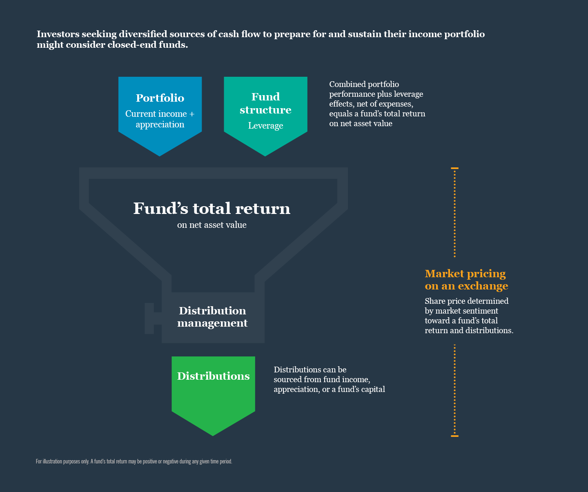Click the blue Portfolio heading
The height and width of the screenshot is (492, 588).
pyautogui.click(x=160, y=98)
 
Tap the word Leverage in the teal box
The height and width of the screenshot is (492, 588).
pyautogui.click(x=265, y=126)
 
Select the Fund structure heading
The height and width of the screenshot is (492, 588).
pyautogui.click(x=265, y=103)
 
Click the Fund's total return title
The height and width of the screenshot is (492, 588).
pyautogui.click(x=212, y=208)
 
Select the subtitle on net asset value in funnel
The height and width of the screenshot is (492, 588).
pyautogui.click(x=212, y=225)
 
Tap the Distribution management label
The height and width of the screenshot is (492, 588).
pyautogui.click(x=212, y=317)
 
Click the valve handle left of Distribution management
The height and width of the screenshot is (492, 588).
pyautogui.click(x=150, y=318)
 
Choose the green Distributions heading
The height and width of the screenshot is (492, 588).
pyautogui.click(x=213, y=376)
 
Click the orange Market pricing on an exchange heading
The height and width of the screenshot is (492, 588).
pyautogui.click(x=466, y=280)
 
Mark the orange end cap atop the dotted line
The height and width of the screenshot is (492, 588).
pyautogui.click(x=454, y=168)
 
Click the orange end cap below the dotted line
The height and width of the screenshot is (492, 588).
pyautogui.click(x=454, y=436)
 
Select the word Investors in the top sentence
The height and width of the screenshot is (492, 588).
pyautogui.click(x=58, y=34)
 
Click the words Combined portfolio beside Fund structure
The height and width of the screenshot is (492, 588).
pyautogui.click(x=364, y=84)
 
